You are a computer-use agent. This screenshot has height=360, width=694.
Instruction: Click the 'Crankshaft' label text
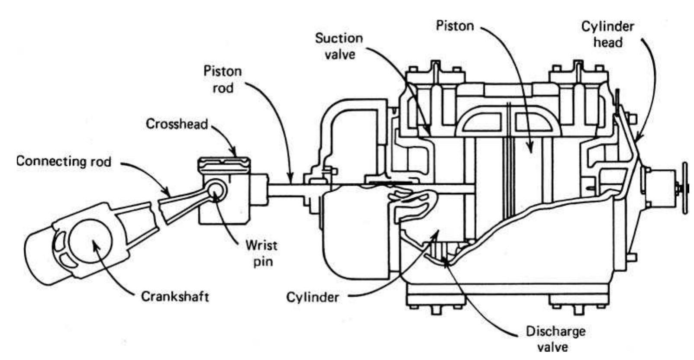(x=175, y=296)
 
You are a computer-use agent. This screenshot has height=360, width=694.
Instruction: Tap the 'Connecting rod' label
(x=64, y=161)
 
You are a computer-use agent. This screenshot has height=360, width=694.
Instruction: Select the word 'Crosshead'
(x=177, y=124)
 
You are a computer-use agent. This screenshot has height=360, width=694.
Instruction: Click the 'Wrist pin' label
(x=261, y=253)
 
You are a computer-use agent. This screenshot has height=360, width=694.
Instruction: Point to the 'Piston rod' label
(x=223, y=79)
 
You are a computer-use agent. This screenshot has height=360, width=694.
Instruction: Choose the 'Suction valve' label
(x=339, y=46)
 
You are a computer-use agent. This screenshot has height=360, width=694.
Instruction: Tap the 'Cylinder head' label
(x=607, y=34)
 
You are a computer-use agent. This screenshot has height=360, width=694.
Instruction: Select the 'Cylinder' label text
(x=312, y=297)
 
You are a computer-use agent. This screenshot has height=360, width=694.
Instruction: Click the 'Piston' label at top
(x=455, y=26)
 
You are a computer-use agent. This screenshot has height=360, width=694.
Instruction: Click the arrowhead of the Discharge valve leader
(x=446, y=259)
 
